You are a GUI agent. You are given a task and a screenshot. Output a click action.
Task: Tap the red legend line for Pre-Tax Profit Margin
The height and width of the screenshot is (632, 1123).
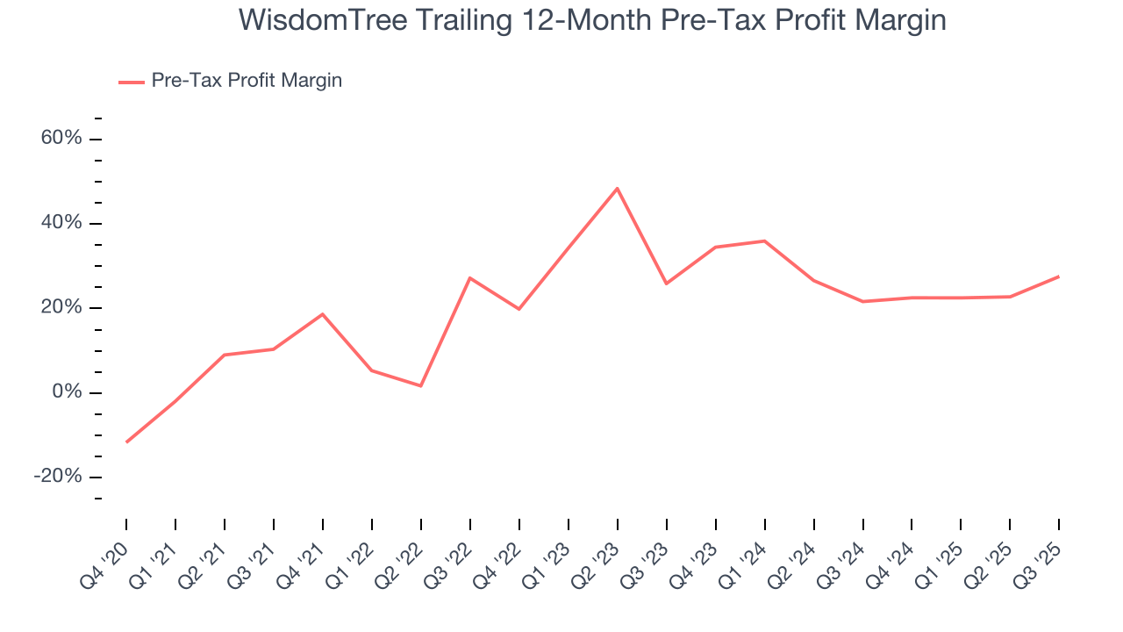[132, 82]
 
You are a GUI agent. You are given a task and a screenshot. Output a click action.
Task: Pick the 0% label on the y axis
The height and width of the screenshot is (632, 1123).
[67, 392]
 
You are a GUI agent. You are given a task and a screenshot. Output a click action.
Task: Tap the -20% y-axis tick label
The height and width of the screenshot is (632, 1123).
[58, 477]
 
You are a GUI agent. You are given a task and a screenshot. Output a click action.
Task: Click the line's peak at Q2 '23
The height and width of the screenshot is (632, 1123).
[618, 189]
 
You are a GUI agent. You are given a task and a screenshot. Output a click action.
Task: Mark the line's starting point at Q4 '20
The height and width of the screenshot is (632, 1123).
[126, 442]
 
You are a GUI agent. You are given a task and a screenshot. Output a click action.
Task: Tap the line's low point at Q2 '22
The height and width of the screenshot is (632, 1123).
[421, 386]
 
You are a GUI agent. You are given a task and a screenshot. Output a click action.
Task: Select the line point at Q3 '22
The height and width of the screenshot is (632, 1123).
[470, 278]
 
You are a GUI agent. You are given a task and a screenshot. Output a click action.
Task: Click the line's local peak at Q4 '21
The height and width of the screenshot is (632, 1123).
[323, 314]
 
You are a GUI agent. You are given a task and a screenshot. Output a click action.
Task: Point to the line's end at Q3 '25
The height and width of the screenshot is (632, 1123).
[1059, 276]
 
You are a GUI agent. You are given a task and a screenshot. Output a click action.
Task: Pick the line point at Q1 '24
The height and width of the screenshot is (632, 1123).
[765, 241]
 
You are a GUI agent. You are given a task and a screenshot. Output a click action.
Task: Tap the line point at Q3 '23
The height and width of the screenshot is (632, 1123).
[667, 284]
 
